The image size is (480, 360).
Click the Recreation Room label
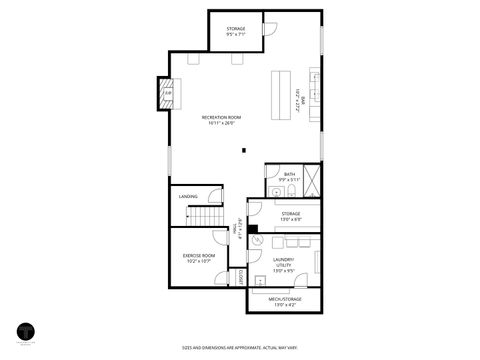[x=223, y=118]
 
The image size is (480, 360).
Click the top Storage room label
[x=236, y=29]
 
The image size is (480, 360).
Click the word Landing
[x=188, y=196]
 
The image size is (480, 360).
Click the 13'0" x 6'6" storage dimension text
[x=291, y=219]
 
